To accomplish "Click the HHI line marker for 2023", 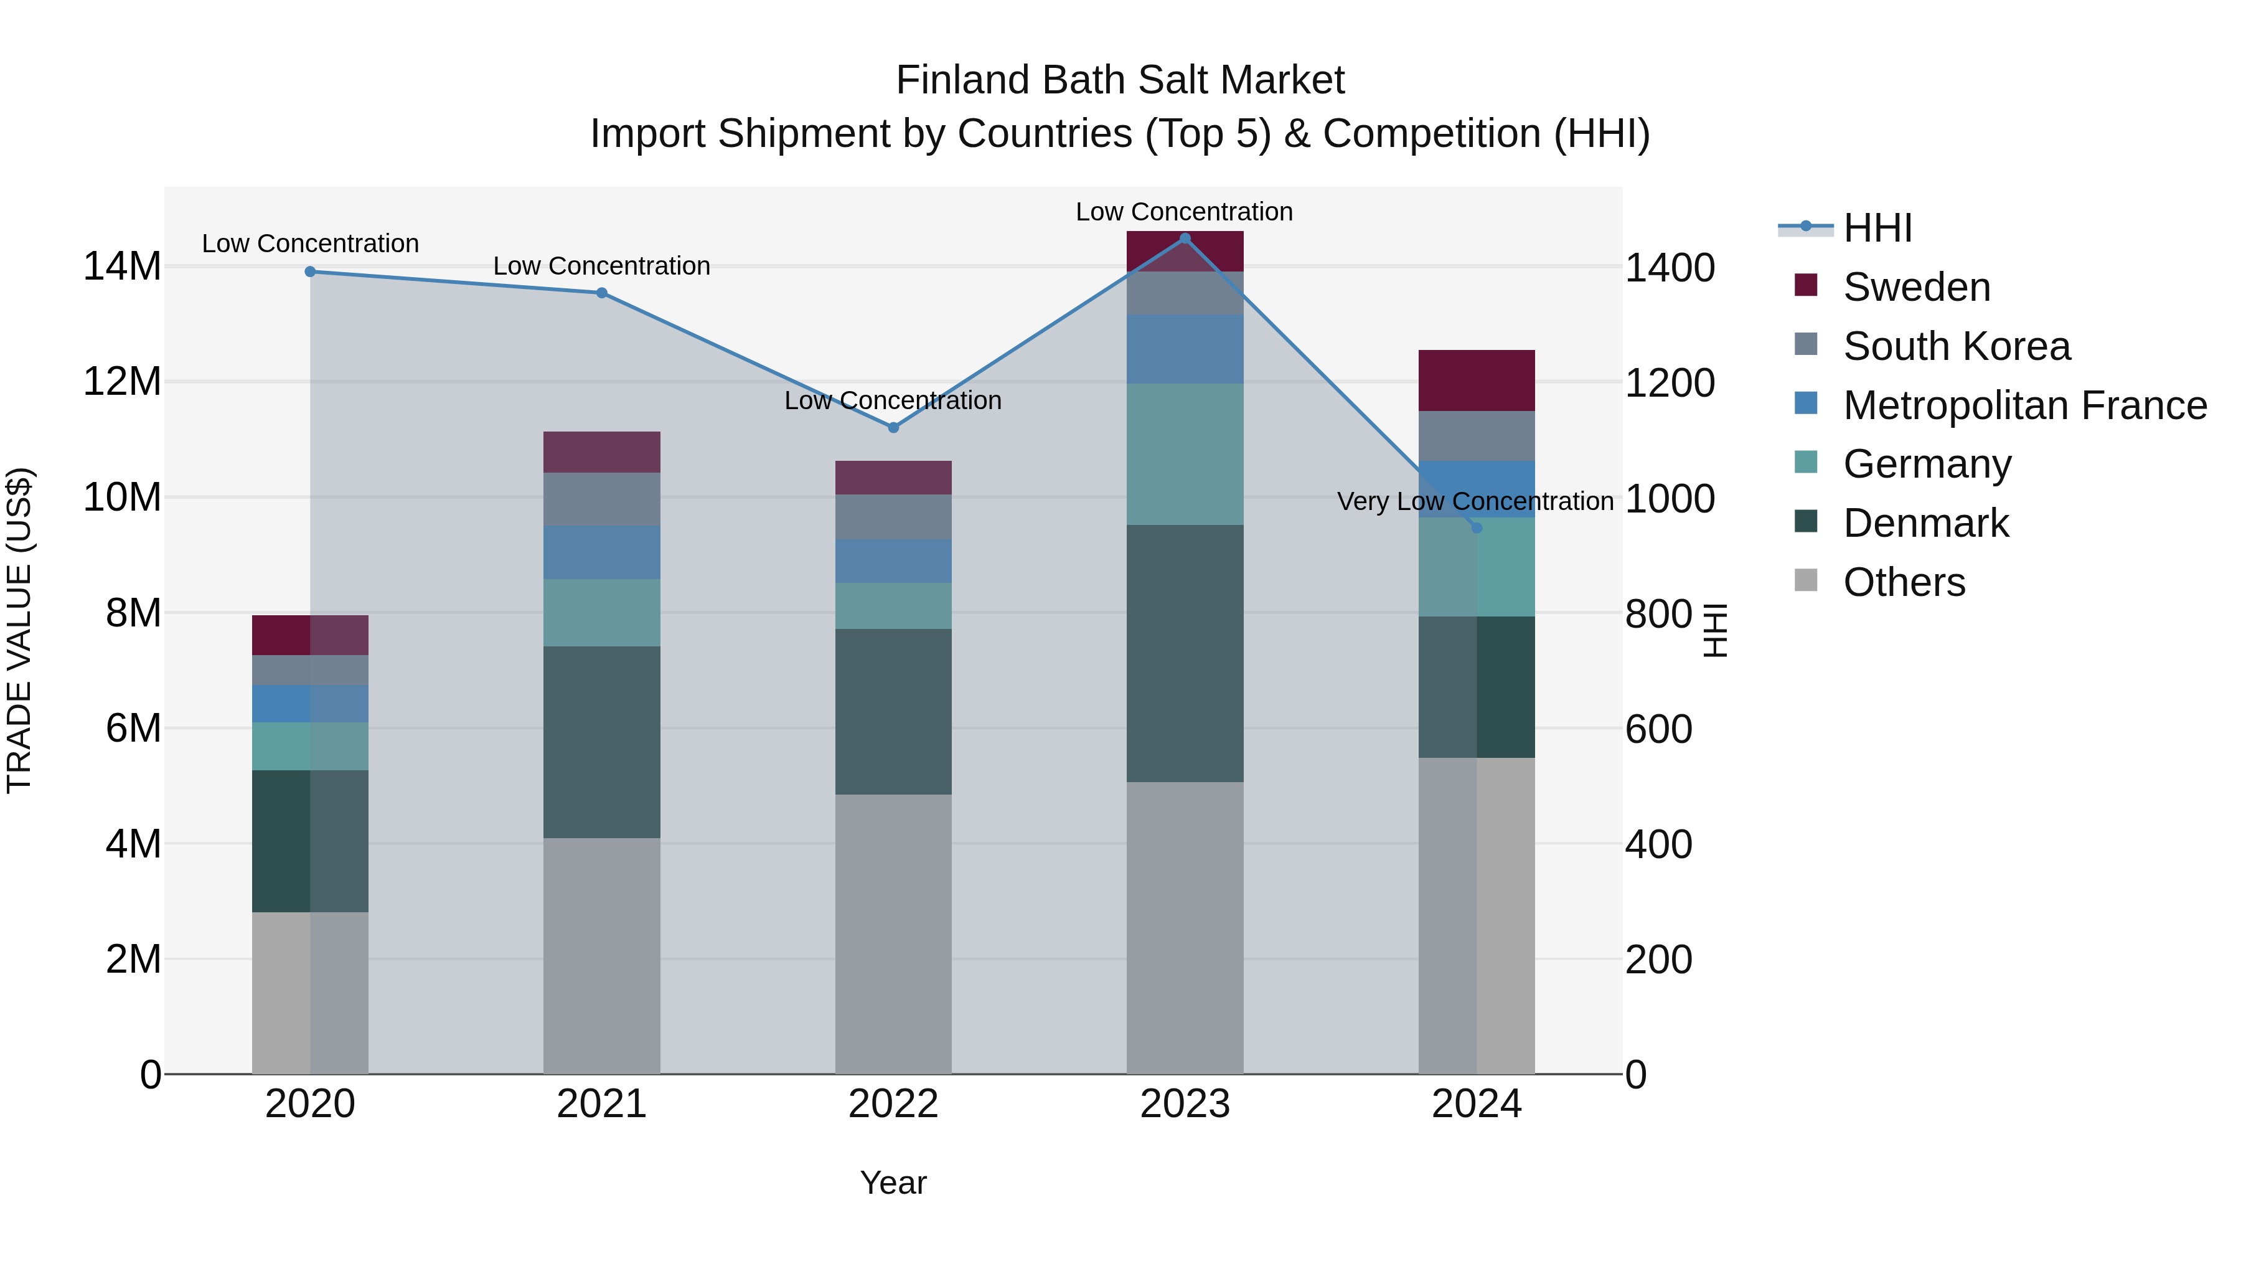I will (x=1185, y=239).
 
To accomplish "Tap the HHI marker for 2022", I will (x=893, y=427).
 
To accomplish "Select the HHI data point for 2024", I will (x=1477, y=528).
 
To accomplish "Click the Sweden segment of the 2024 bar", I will (x=1477, y=380).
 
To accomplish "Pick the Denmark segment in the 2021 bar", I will (x=601, y=742).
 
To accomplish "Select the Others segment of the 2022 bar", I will (x=893, y=934).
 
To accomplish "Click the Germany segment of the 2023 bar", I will (x=1185, y=455).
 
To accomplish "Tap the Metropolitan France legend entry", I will (x=2024, y=405).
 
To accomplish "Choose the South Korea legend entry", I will (x=1957, y=346).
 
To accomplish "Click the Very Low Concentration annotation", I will (x=1475, y=501).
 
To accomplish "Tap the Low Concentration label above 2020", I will (x=310, y=243).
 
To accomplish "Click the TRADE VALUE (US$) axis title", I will (x=19, y=630).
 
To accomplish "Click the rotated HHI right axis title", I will (x=1714, y=630).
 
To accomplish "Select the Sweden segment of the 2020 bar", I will (x=310, y=635).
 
